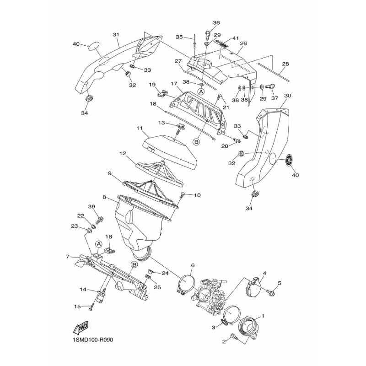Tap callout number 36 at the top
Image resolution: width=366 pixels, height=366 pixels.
tap(216, 22)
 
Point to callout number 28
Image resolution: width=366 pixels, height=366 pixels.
tap(285, 64)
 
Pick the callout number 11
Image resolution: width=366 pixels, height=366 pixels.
tap(140, 128)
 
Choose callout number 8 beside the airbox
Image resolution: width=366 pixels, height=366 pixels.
tap(104, 197)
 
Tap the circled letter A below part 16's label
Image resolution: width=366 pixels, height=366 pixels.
tap(99, 244)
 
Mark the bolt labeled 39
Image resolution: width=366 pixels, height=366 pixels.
tap(100, 220)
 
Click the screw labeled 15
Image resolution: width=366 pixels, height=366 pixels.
tap(91, 307)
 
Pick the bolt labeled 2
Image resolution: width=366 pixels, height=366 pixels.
tap(234, 337)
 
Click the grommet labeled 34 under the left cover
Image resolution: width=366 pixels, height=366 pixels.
tap(88, 98)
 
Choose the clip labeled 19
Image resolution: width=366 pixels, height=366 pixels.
tap(163, 93)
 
